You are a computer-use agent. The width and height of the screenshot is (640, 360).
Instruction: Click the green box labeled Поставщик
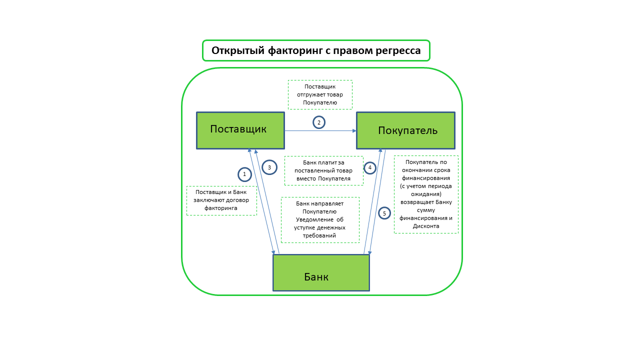tap(240, 130)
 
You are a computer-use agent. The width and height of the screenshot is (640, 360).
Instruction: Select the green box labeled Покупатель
tap(405, 130)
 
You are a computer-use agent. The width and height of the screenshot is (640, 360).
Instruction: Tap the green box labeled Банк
tap(321, 273)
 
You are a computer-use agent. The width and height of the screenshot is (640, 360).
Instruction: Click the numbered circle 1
tap(244, 174)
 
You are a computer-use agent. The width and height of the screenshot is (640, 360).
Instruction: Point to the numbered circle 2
tap(319, 122)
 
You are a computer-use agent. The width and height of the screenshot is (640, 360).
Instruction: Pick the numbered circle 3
tap(269, 167)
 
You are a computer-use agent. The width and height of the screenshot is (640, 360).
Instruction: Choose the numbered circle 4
tap(370, 168)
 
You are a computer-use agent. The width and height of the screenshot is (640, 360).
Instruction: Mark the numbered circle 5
tap(384, 213)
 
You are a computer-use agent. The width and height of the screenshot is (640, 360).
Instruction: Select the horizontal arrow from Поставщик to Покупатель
tap(320, 131)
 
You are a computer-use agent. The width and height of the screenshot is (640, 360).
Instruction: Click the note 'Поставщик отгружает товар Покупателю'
tap(320, 94)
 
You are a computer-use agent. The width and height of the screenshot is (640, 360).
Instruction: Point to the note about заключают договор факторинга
tap(221, 200)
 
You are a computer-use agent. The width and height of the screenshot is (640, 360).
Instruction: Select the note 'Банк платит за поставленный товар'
tap(323, 170)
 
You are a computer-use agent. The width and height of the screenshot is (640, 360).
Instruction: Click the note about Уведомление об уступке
tap(320, 219)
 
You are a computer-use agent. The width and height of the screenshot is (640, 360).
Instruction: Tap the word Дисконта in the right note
tap(426, 225)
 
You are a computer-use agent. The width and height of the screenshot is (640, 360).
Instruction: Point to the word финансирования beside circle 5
tap(426, 177)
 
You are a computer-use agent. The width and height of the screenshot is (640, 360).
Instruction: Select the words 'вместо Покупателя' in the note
tap(323, 178)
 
